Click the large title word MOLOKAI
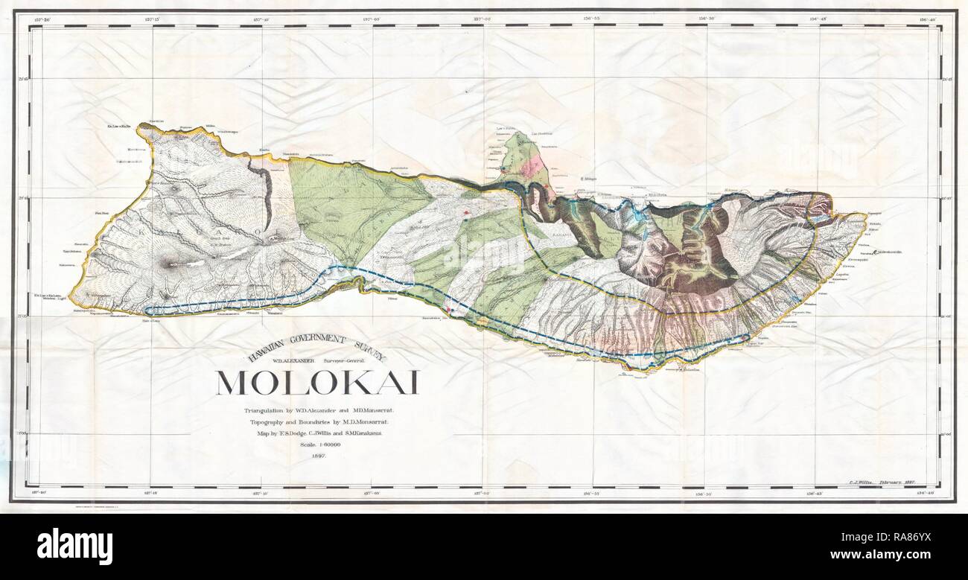point(317,382)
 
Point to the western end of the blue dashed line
point(148,310)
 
